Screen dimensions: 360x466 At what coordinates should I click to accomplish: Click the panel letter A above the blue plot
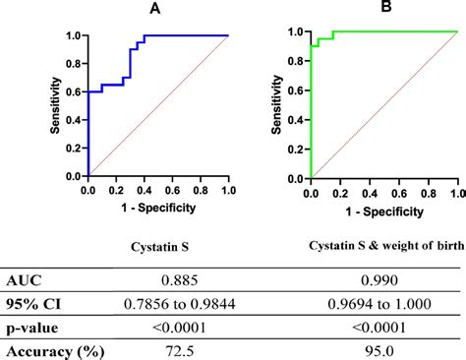click(x=155, y=10)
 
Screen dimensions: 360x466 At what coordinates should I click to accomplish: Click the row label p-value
click(x=35, y=327)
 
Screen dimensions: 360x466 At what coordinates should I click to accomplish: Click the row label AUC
click(x=26, y=280)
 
